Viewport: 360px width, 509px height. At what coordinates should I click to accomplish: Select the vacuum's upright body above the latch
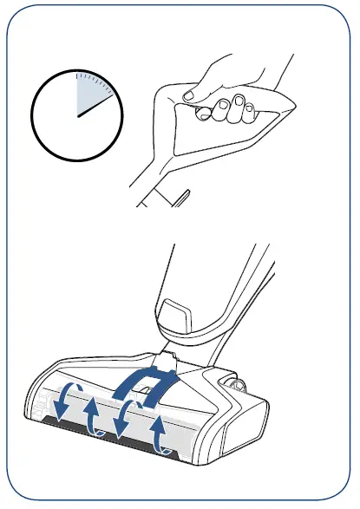point(195,269)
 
